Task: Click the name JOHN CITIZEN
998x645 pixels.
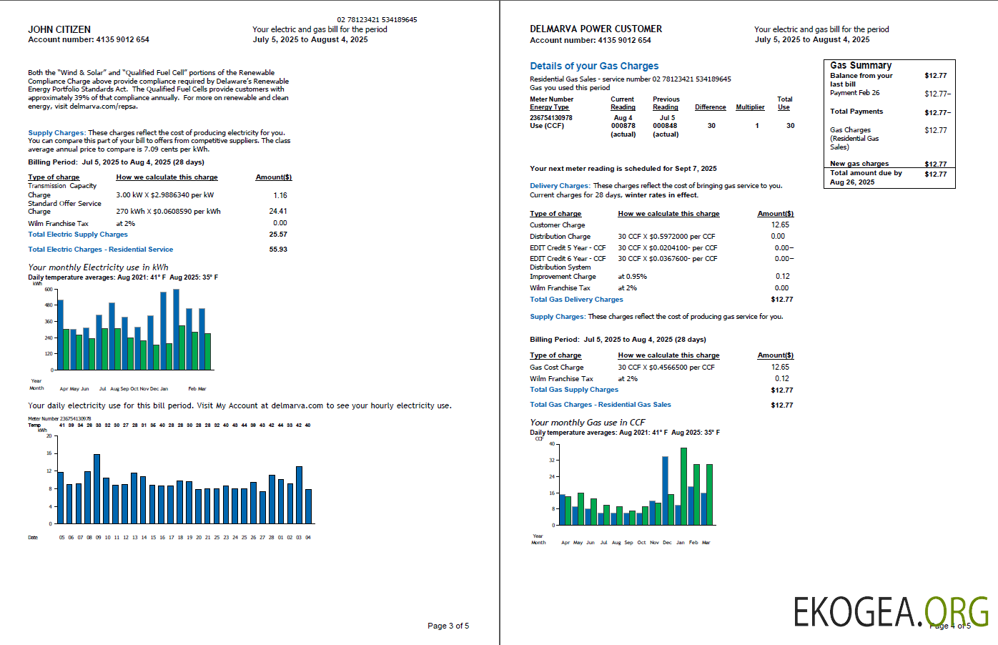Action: (59, 29)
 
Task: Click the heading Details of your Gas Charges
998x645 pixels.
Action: (594, 66)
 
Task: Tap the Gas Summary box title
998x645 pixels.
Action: (861, 65)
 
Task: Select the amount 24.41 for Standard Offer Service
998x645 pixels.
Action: (278, 211)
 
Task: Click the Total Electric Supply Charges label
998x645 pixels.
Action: (78, 235)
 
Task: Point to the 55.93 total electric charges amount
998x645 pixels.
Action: (278, 250)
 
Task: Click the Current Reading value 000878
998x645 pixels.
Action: (623, 126)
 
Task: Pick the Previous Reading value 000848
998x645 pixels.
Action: (665, 126)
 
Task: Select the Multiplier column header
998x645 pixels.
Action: (750, 107)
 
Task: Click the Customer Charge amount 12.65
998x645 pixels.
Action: (780, 225)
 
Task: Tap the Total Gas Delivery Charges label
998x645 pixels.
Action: (576, 300)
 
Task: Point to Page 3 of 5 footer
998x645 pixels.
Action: (448, 626)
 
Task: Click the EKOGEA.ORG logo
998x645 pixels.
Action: (891, 611)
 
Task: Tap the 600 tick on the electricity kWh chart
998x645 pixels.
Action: (49, 290)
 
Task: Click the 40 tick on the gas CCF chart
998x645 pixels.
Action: (551, 444)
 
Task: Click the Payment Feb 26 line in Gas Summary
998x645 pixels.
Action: (855, 93)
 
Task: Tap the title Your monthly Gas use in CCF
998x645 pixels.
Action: (588, 423)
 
